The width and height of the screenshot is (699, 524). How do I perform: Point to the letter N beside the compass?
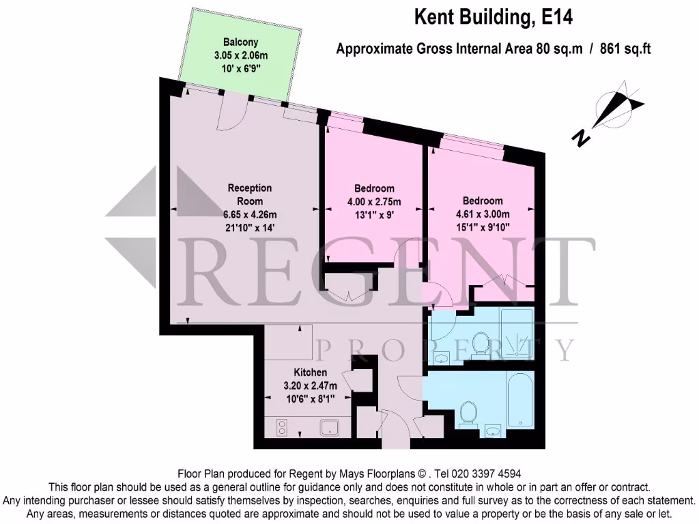581,139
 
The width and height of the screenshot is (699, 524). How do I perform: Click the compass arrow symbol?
618,106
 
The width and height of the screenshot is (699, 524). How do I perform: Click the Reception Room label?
249,194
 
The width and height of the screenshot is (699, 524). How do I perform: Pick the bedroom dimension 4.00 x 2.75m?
374,202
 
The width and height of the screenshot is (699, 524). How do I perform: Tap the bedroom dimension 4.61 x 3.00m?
483,214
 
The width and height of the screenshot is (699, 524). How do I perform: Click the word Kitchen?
310,373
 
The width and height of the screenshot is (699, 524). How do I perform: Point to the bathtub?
520,402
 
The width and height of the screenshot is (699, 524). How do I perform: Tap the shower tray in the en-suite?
516,334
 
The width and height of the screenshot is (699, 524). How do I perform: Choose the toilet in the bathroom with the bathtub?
468,412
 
